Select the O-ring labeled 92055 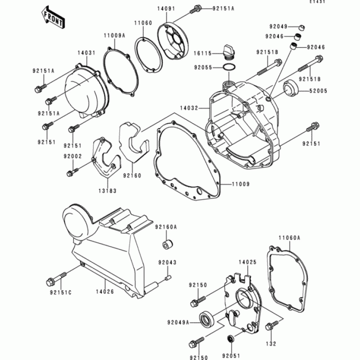229,67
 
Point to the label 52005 318,90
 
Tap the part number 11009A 114,35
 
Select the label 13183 108,191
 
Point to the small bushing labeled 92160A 168,245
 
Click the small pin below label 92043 167,278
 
